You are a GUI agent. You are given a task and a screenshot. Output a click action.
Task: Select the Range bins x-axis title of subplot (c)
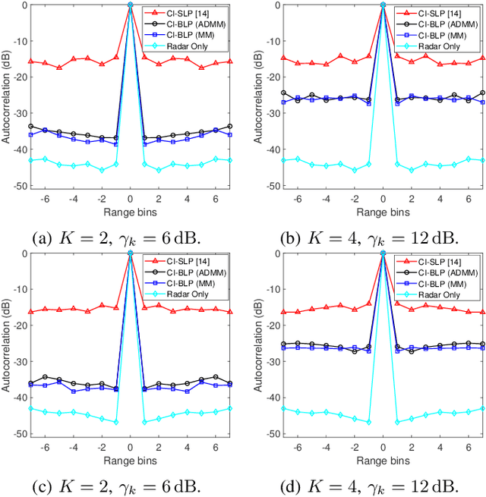click(130, 461)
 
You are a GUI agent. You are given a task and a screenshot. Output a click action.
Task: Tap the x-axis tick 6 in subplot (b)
click(470, 199)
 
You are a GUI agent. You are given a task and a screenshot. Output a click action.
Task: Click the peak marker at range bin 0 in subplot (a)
click(131, 5)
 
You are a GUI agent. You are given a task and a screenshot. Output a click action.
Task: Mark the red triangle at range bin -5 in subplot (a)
click(59, 68)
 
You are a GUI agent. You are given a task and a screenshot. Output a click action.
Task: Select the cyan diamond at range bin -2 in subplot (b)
click(355, 170)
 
